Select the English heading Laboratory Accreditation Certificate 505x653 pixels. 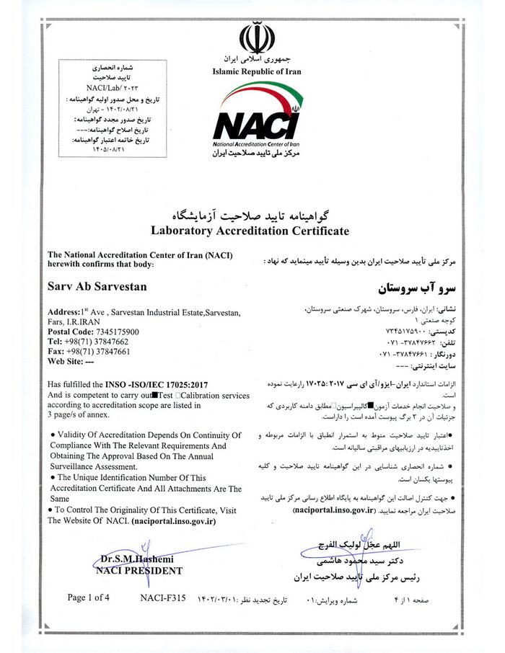(x=250, y=231)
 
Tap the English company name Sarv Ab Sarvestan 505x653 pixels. (x=97, y=286)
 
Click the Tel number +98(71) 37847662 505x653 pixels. (x=87, y=341)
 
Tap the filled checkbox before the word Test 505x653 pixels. (x=155, y=395)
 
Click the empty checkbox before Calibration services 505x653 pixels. (x=180, y=395)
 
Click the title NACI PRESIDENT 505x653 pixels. (x=139, y=570)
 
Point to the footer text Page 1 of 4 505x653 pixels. (x=89, y=598)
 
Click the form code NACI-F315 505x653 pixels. (x=163, y=598)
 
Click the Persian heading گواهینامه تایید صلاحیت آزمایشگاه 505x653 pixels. (x=250, y=216)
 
